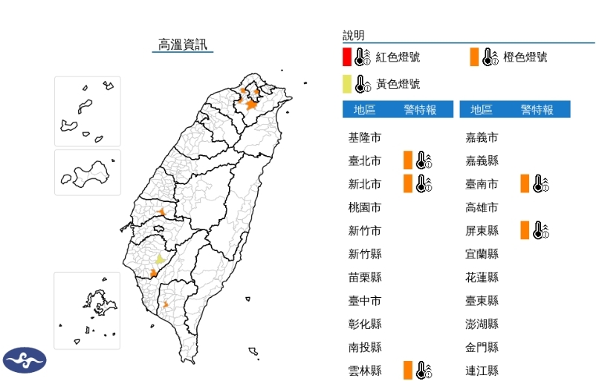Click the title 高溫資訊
pos(183,45)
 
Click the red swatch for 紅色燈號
pos(347,56)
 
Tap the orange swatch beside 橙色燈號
pos(474,56)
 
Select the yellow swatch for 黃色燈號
pos(347,83)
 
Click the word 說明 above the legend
pos(354,35)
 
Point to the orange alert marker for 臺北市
pos(408,160)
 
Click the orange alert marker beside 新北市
pos(408,183)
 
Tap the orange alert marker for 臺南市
pos(525,183)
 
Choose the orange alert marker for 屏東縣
pos(525,230)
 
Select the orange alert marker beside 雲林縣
pos(408,370)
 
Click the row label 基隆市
pos(365,137)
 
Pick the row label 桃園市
pos(365,207)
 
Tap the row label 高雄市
pos(482,207)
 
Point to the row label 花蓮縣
pos(482,277)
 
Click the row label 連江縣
pos(482,370)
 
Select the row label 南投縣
pos(365,347)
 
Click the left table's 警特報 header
pos(420,110)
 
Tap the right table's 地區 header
pos(482,110)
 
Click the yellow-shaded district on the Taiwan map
pos(159,259)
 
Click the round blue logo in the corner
pos(25,359)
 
